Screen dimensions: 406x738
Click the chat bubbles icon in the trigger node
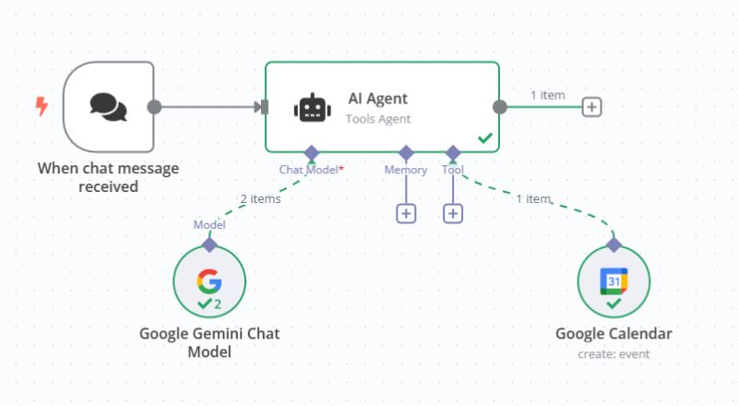click(108, 106)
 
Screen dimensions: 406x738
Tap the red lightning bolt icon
click(42, 106)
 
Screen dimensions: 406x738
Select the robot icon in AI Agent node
click(312, 109)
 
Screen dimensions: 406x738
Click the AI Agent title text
click(377, 99)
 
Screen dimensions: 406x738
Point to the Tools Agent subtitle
click(377, 119)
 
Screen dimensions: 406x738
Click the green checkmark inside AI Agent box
click(484, 138)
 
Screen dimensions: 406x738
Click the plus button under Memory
click(406, 213)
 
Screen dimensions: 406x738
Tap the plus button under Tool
click(453, 213)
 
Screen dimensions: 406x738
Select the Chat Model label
click(308, 170)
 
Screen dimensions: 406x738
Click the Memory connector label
click(406, 170)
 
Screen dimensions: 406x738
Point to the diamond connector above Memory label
click(406, 152)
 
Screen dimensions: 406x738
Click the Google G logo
click(208, 281)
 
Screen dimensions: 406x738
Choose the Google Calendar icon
click(613, 280)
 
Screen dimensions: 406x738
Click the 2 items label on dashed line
click(260, 197)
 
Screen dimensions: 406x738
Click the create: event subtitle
click(613, 354)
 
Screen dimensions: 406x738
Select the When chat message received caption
click(108, 177)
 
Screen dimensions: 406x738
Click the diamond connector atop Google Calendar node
click(613, 245)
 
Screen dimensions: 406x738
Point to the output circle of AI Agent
click(500, 106)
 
